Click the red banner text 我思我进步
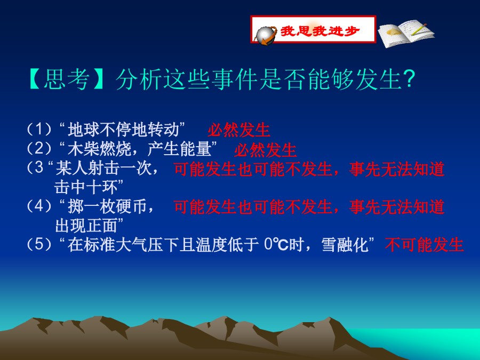coord(319,30)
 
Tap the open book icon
coord(406,33)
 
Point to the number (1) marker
coord(39,129)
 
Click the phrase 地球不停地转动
coord(123,129)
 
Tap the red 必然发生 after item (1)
coord(239,130)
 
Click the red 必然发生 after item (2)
coord(265,150)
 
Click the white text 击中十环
coord(86,187)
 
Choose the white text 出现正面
coord(86,226)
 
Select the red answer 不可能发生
coord(425,245)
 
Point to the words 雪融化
coord(345,245)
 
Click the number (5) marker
coord(39,244)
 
